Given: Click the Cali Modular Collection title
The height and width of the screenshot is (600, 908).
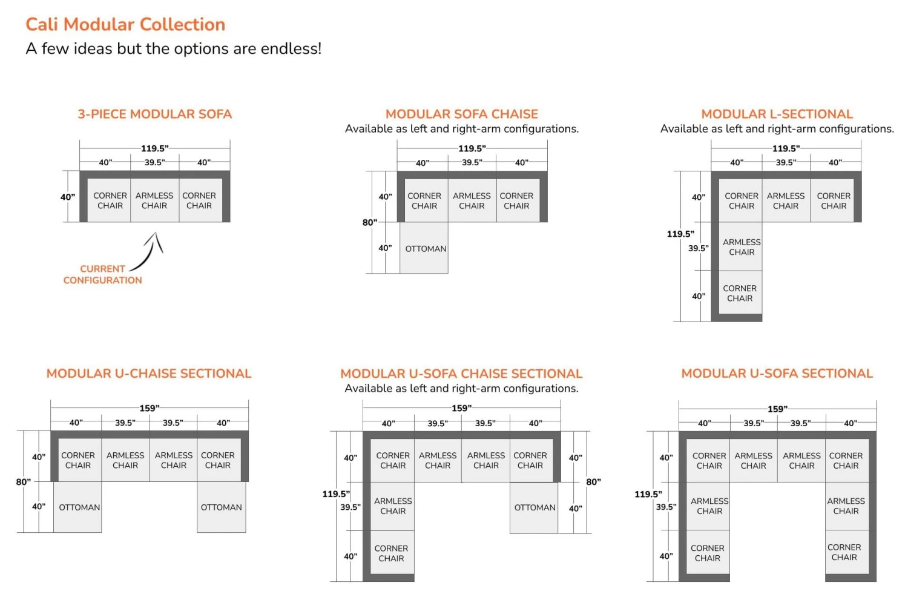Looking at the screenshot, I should pyautogui.click(x=125, y=24).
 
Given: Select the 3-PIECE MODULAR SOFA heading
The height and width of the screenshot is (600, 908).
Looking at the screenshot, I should pyautogui.click(x=154, y=114).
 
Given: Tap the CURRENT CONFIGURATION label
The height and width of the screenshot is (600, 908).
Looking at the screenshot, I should pyautogui.click(x=102, y=274).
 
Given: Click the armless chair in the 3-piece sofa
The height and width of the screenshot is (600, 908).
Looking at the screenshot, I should pyautogui.click(x=154, y=200).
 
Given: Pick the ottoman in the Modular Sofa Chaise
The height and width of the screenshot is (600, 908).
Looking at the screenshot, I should pyautogui.click(x=425, y=248).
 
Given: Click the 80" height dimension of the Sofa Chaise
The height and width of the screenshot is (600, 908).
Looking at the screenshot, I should pyautogui.click(x=369, y=222).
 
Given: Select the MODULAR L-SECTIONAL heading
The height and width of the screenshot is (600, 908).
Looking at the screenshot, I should pyautogui.click(x=777, y=114).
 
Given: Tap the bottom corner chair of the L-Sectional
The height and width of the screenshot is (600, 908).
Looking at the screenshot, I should pyautogui.click(x=740, y=294).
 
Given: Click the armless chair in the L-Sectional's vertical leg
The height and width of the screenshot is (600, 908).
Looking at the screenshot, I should pyautogui.click(x=741, y=247).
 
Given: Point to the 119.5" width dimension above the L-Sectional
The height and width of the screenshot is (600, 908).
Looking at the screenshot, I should pyautogui.click(x=785, y=148).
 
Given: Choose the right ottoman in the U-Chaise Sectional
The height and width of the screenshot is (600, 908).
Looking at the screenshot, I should pyautogui.click(x=221, y=507).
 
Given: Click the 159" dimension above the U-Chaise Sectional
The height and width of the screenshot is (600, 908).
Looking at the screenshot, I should pyautogui.click(x=150, y=408).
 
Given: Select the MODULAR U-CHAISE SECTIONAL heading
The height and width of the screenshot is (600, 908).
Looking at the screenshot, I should pyautogui.click(x=149, y=374).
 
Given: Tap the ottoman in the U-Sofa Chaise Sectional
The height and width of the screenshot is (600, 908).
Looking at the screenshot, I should pyautogui.click(x=534, y=507).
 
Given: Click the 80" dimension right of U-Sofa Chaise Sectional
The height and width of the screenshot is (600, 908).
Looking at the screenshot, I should pyautogui.click(x=593, y=482).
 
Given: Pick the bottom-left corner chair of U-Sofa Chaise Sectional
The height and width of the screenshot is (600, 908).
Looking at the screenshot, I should pyautogui.click(x=391, y=553).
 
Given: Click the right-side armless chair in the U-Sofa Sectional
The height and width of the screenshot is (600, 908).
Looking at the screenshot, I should pyautogui.click(x=846, y=506).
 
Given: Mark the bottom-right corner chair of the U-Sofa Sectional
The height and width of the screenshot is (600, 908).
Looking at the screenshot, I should pyautogui.click(x=844, y=552).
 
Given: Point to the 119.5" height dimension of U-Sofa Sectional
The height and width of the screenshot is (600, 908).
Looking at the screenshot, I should pyautogui.click(x=648, y=494).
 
